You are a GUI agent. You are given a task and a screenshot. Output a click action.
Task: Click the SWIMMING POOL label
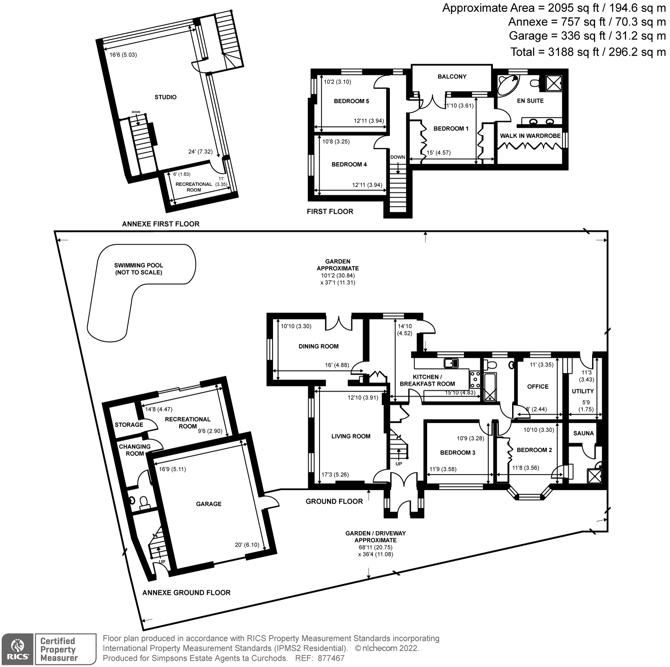139,269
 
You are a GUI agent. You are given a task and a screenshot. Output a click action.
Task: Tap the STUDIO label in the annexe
165,97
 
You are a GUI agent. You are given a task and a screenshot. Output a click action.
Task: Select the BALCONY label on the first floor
452,77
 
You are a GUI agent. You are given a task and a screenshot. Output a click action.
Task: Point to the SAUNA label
583,433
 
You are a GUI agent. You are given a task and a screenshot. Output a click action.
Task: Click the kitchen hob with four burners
475,379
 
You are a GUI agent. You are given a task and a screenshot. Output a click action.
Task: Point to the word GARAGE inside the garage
209,504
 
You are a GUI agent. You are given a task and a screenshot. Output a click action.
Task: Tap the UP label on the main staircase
399,464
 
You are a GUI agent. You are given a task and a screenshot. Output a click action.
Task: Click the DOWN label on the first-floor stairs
397,157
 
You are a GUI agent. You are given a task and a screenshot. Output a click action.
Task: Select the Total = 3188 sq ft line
588,52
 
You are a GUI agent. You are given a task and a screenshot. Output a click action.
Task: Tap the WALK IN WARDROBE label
530,136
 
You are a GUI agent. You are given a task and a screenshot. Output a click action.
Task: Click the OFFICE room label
538,387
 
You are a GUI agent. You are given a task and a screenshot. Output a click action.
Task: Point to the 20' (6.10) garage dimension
247,545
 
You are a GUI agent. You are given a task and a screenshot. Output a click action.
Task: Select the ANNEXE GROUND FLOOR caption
186,593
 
